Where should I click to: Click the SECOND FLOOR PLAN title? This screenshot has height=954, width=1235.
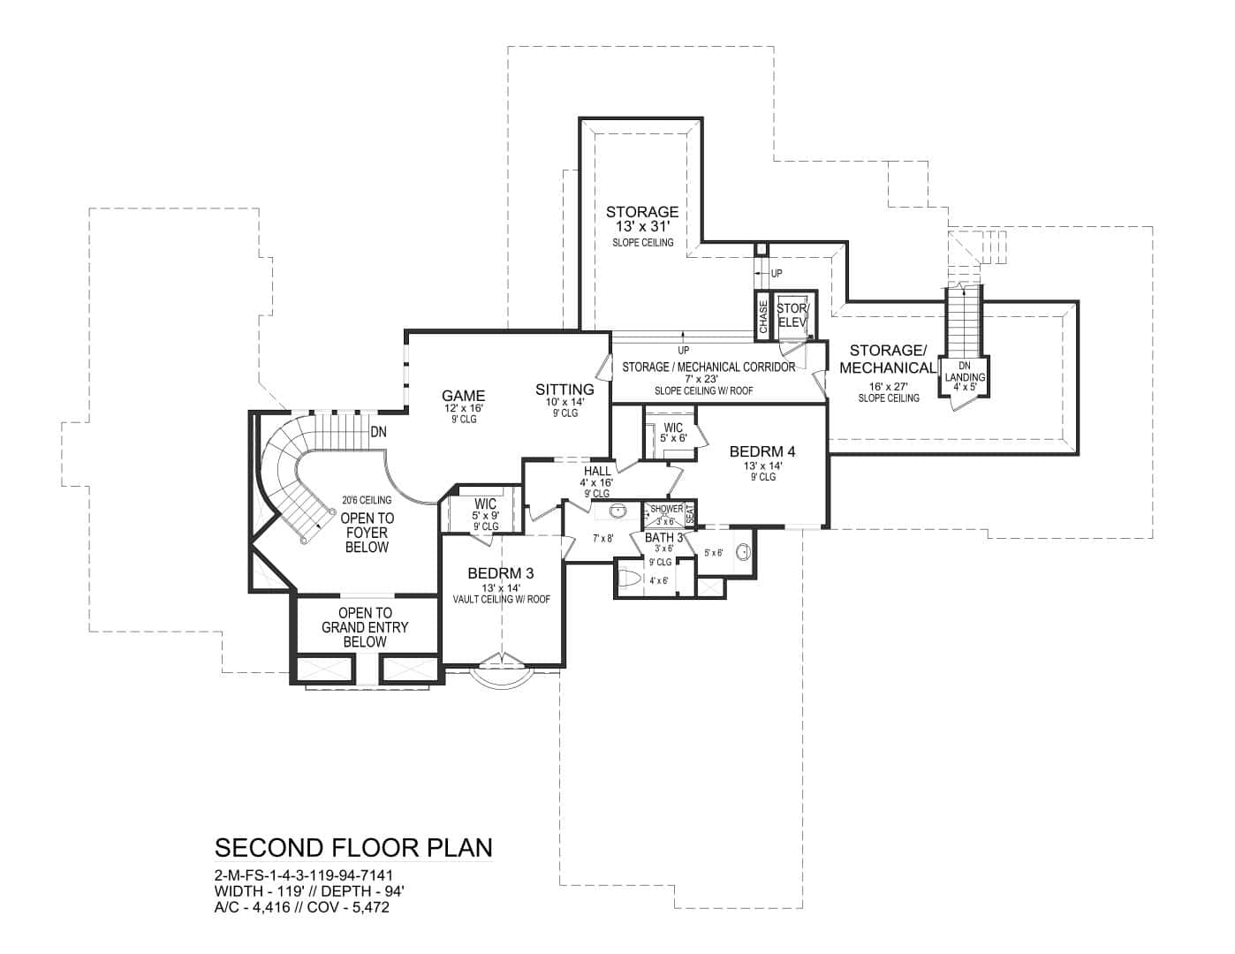[x=353, y=848]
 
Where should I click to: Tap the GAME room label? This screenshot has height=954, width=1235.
[x=464, y=396]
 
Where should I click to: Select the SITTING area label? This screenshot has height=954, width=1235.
[x=564, y=389]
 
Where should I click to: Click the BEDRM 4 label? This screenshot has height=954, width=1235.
[x=762, y=451]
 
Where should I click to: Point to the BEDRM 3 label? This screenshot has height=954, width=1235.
[x=501, y=573]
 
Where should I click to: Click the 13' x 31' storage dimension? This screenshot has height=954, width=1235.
[x=642, y=227]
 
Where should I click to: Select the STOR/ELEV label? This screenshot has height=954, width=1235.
[x=792, y=315]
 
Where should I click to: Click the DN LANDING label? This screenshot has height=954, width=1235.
[x=964, y=372]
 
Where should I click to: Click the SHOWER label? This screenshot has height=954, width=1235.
[x=666, y=509]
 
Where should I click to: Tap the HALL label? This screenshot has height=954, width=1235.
[x=597, y=471]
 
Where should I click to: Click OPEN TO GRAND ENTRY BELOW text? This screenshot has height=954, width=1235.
[x=365, y=627]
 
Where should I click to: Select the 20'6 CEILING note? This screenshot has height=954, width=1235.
[x=366, y=500]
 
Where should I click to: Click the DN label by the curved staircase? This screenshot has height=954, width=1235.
[x=379, y=432]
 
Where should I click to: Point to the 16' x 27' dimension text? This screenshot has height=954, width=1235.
[x=888, y=386]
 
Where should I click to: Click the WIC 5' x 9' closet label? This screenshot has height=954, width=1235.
[x=485, y=509]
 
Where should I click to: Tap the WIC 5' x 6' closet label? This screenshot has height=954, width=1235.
[x=673, y=433]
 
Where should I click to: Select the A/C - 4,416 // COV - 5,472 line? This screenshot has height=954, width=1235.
[x=301, y=907]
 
